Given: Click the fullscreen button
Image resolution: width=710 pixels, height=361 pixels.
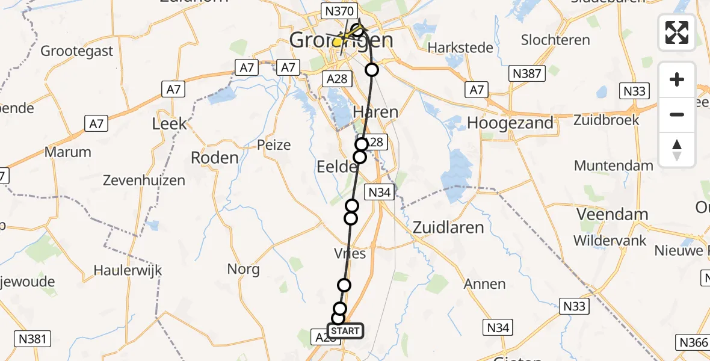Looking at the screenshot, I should (x=677, y=32).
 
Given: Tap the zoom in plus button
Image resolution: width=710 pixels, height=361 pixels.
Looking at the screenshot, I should (x=677, y=79).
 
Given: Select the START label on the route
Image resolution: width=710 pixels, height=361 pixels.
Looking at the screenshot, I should (x=345, y=331).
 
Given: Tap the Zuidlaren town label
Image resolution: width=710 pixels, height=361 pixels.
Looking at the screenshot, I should (x=449, y=227).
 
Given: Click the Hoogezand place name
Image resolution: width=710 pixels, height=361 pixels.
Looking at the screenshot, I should (x=510, y=123).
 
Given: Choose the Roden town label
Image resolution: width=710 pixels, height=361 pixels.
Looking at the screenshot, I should (x=214, y=158).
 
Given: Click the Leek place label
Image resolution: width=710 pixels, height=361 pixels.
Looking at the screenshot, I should (x=169, y=124).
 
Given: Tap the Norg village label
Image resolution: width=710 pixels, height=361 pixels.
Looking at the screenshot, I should (x=244, y=269).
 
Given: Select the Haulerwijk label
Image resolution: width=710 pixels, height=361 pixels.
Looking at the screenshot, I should (x=128, y=270).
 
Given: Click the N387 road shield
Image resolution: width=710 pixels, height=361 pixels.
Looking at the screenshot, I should (x=526, y=73).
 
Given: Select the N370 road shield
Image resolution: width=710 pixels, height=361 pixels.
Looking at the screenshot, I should (x=341, y=11).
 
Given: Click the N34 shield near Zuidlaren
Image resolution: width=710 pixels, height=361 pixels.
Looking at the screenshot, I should (x=380, y=193).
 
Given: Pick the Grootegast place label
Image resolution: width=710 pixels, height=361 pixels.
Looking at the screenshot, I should (x=77, y=51).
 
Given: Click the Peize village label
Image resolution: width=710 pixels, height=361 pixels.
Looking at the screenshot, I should (x=274, y=145).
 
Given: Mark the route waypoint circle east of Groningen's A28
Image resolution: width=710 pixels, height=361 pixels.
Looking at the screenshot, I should (x=372, y=70).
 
